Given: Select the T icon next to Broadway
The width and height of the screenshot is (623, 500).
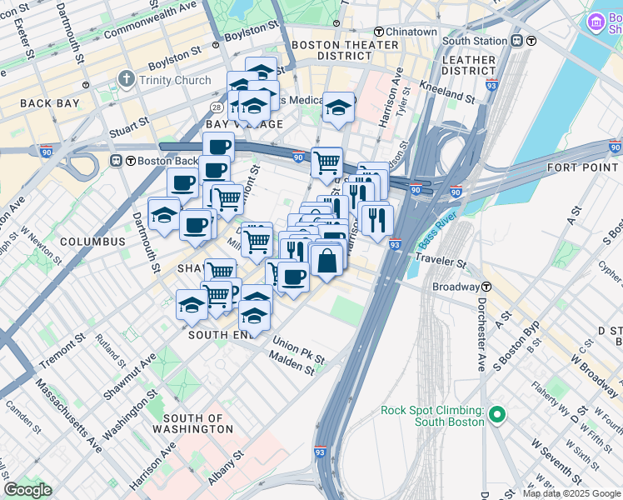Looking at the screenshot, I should point(486,287).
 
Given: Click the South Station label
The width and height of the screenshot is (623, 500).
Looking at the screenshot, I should point(475,41).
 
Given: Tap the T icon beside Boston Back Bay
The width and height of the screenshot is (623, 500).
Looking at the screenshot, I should point(117,161).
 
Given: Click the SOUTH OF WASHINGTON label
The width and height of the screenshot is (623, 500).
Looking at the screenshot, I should point(193,423).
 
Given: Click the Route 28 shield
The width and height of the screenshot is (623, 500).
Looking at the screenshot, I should point(216,108).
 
